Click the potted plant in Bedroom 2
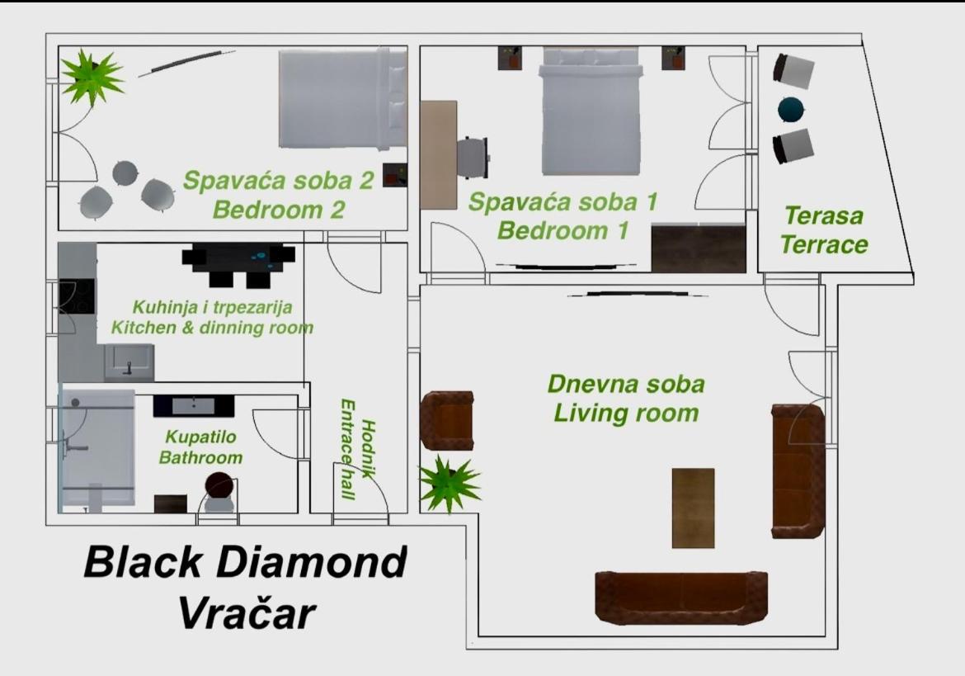[92, 78]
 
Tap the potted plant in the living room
[449, 484]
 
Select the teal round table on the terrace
[792, 110]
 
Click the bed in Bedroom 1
[591, 111]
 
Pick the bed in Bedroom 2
[343, 99]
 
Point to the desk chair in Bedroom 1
[473, 158]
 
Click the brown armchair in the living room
[447, 420]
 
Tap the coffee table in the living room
[693, 508]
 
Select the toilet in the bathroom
[219, 492]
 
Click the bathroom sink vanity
[193, 406]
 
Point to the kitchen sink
[129, 362]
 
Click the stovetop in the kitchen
[77, 297]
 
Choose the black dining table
[238, 264]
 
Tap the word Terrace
[824, 244]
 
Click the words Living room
[626, 413]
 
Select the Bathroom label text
[200, 457]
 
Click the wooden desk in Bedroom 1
[439, 154]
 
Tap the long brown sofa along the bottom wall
[681, 598]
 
